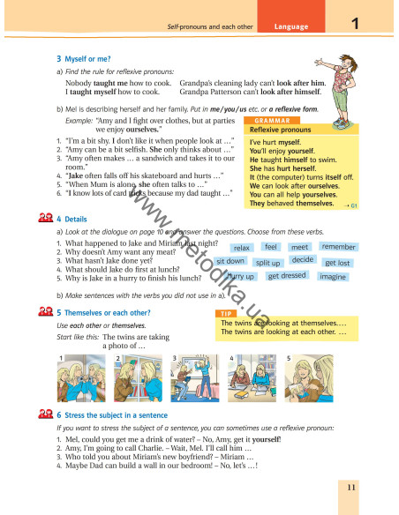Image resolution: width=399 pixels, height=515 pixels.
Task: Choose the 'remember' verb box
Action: tap(339, 247)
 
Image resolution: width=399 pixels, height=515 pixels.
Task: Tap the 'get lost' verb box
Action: tap(337, 263)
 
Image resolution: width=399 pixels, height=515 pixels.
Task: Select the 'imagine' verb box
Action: tap(332, 277)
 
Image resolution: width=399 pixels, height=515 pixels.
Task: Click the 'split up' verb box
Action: tap(267, 263)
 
